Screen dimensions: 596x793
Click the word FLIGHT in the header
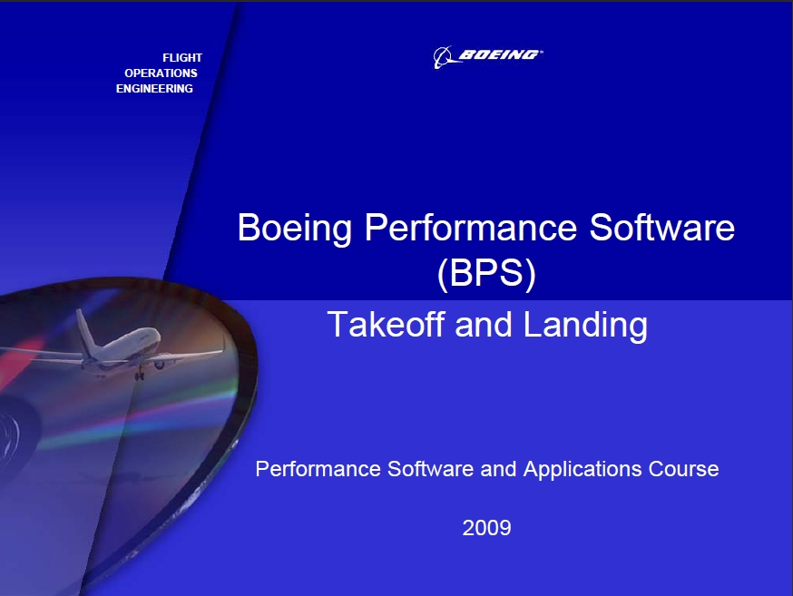[x=181, y=58]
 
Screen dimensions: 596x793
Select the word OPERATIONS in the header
[x=161, y=73]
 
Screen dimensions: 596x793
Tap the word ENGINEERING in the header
[x=154, y=89]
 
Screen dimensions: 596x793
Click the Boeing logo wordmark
[x=498, y=55]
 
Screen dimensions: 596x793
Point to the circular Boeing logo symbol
[x=443, y=57]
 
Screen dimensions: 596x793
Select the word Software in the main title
[x=662, y=228]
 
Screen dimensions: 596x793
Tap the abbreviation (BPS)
[x=486, y=275]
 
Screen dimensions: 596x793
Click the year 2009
[x=486, y=527]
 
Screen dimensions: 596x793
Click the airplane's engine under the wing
[x=160, y=364]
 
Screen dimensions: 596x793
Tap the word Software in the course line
[x=426, y=469]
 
